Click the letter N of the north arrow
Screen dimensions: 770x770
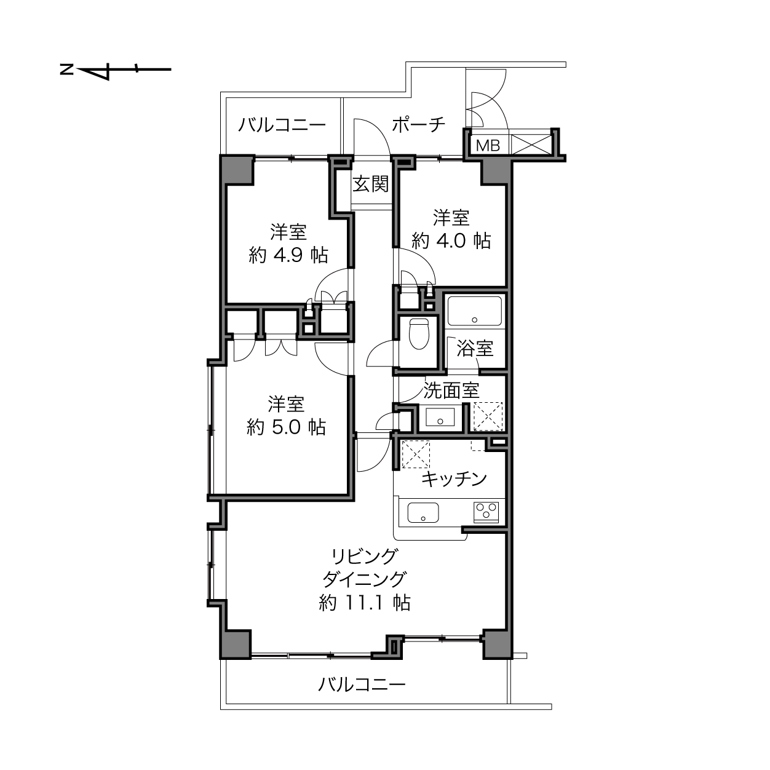point(66,69)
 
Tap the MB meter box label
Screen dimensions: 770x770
point(488,146)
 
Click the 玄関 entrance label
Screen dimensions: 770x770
point(371,185)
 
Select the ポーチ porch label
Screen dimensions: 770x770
point(418,125)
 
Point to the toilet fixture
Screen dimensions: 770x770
point(419,333)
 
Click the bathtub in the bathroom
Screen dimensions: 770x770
point(474,311)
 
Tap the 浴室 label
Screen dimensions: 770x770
point(475,348)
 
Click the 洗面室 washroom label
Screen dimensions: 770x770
point(451,390)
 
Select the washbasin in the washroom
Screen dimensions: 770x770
point(440,417)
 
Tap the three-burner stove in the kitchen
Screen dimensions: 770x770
point(486,512)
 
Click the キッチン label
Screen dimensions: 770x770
point(454,478)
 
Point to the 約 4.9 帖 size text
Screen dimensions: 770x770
point(288,255)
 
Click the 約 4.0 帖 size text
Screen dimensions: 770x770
point(451,241)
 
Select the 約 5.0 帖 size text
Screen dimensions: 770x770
point(286,427)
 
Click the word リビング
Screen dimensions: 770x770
point(365,556)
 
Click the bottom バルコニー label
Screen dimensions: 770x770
point(362,685)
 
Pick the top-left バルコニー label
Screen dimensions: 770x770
point(282,125)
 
